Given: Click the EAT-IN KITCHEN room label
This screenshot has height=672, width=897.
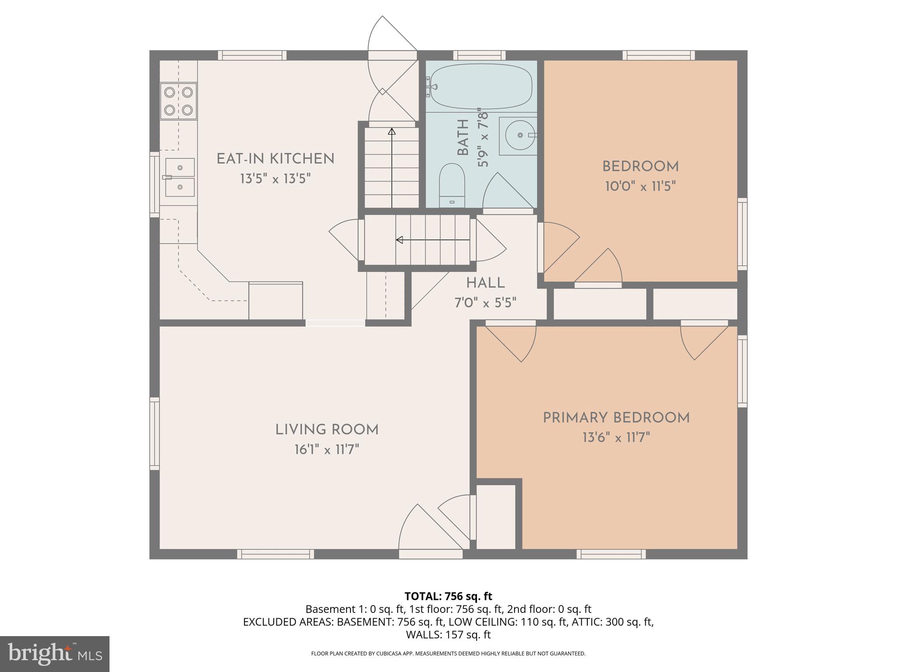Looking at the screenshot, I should [x=275, y=159].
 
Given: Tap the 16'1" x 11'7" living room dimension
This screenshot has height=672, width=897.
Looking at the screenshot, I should [x=327, y=450].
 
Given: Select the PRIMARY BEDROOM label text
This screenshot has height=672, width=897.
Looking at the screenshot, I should [x=616, y=418].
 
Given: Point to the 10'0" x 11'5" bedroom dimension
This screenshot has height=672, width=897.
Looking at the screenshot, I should [x=640, y=187].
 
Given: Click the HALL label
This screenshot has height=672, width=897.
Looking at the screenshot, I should [x=485, y=283].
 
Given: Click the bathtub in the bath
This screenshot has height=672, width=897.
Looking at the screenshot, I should [x=481, y=86].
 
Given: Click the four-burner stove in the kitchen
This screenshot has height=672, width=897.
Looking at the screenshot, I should [x=178, y=101].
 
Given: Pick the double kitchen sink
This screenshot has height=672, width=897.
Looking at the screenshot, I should [x=180, y=177].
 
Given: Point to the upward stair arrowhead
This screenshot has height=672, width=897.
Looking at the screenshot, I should [x=392, y=131].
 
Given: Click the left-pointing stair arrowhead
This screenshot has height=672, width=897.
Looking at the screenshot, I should [x=399, y=240].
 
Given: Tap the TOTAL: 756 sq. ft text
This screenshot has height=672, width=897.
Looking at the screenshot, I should [x=448, y=596].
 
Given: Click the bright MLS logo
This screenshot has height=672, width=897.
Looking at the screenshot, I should [x=54, y=654].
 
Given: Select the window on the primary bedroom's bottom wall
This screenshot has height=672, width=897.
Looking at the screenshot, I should [x=611, y=554].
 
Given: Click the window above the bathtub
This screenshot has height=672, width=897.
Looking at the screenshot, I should [x=479, y=56].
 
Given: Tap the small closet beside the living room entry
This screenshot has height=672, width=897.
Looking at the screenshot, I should [x=495, y=517].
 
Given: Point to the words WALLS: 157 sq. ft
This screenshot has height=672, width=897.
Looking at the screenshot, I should [x=448, y=635].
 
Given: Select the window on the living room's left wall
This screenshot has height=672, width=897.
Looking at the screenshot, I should [x=154, y=434].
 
